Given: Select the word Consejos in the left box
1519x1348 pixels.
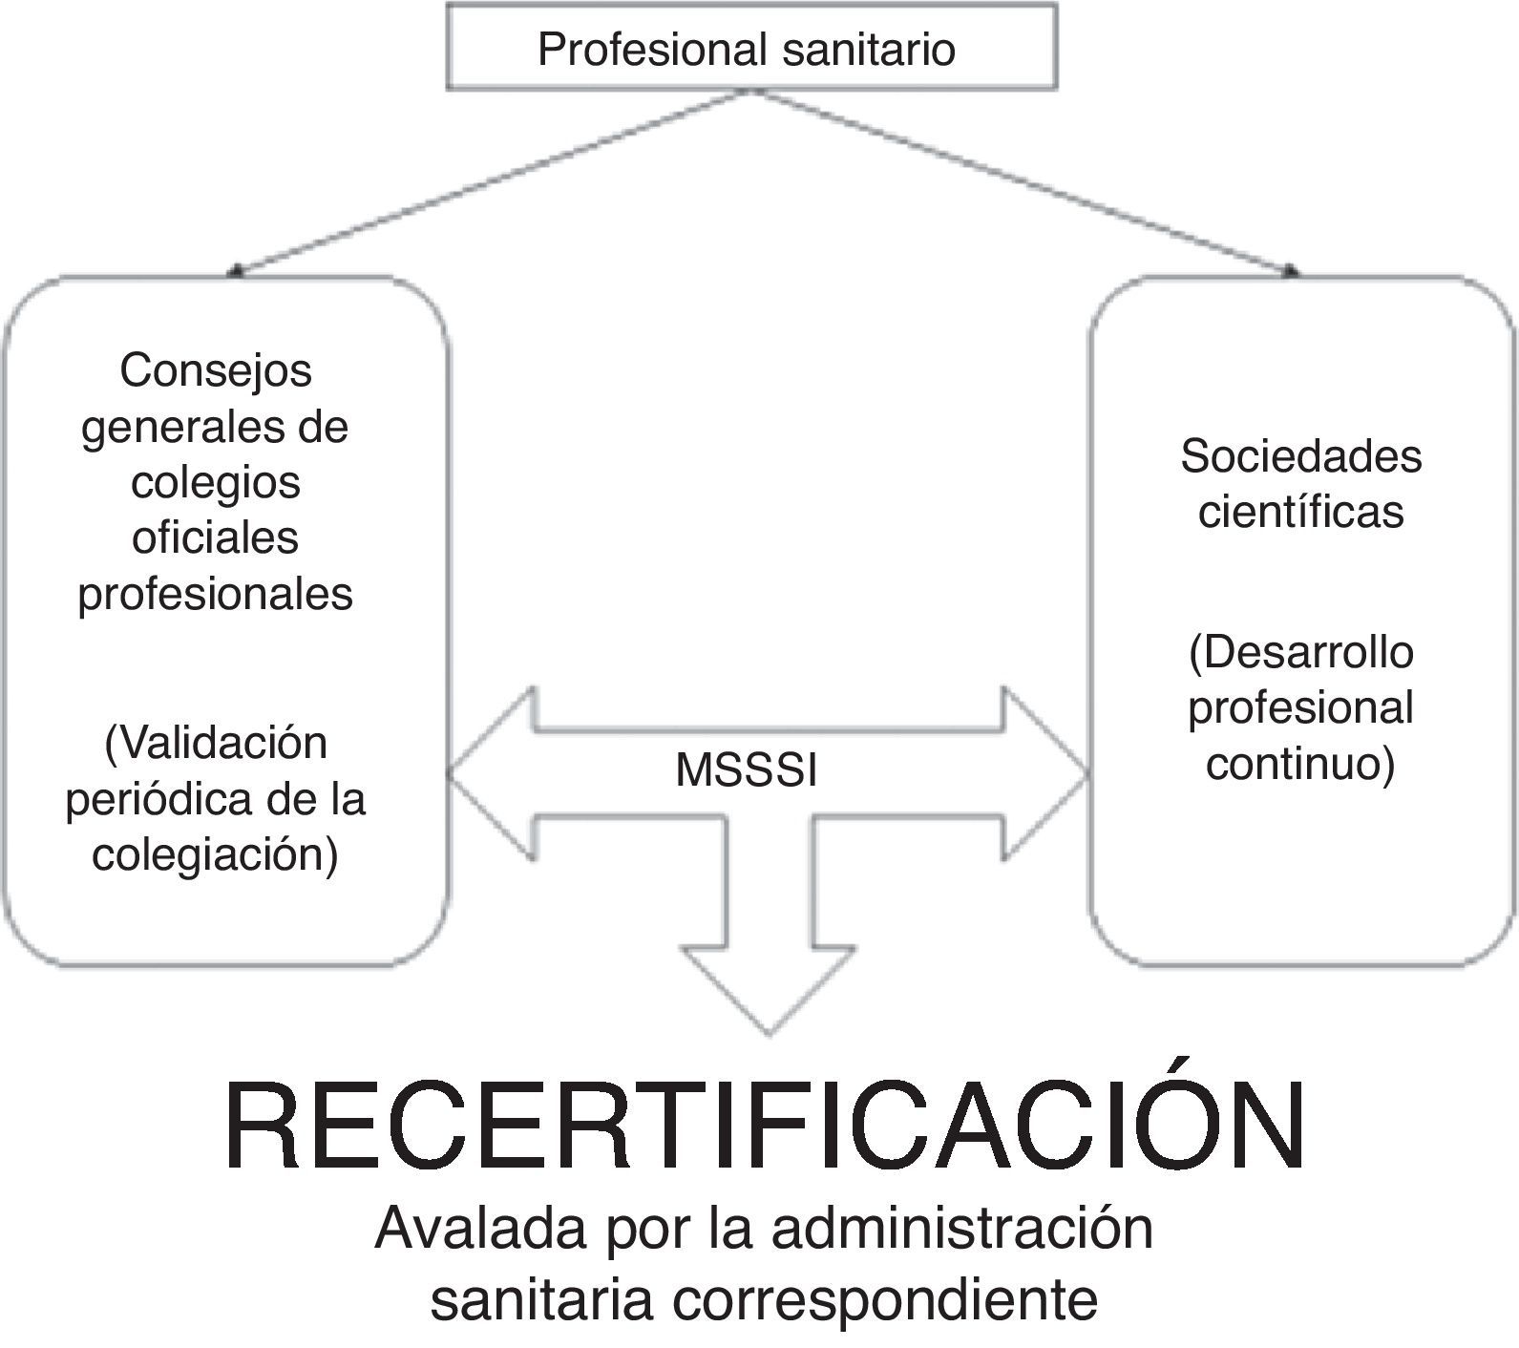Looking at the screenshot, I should pos(216,370).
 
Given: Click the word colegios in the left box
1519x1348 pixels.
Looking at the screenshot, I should pos(216,481).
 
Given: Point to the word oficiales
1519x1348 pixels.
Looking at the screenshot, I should pos(216,537).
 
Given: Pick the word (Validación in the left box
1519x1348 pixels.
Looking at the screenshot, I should pos(216,743).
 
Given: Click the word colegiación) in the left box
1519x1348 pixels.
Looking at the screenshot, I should pos(216,853).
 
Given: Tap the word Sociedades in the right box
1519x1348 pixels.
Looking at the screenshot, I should pos(1300,456).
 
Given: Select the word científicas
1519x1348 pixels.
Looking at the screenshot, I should pos(1300,512).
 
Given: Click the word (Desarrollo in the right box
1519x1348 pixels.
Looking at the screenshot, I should pos(1300,653).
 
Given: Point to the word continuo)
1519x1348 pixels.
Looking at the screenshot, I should pos(1300,765).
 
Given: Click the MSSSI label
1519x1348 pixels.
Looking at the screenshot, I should pos(746,771).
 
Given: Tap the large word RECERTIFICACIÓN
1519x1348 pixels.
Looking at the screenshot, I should pos(764,1127).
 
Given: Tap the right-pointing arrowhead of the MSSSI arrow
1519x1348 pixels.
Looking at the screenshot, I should pos(1045,774).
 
